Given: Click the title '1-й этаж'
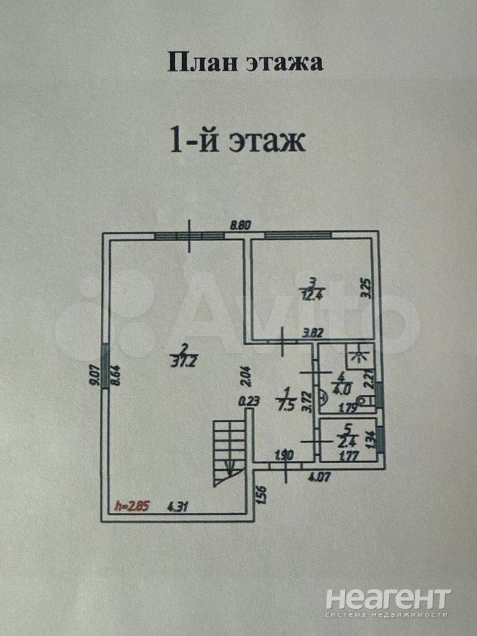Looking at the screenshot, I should [x=238, y=140].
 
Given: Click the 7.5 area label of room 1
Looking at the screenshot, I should [x=287, y=405].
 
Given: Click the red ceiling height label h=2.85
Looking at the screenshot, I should [x=133, y=507].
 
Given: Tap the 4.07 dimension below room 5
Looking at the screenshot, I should [x=323, y=474].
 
